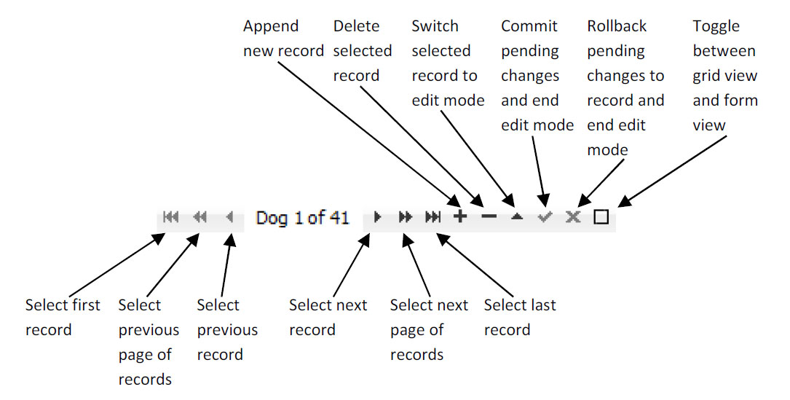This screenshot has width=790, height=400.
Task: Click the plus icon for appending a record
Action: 460,217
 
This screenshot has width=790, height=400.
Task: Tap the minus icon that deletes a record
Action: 489,217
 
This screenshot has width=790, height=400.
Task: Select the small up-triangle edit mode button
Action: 516,217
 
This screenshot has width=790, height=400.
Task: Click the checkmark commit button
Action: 545,217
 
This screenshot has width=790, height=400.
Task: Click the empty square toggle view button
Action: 601,217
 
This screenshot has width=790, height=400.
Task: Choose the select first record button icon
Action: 171,217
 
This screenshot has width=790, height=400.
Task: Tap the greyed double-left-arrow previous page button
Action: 200,217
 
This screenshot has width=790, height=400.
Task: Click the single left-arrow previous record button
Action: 229,217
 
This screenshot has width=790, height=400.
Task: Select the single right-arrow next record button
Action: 377,217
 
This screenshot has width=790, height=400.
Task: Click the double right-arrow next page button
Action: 405,217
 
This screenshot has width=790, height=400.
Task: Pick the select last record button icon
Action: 433,217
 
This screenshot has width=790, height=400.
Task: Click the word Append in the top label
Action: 271,27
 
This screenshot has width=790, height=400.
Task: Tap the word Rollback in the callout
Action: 617,26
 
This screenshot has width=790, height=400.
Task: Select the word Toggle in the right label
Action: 716,27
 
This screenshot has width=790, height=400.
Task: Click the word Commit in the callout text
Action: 529,26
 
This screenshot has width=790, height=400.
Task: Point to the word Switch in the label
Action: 435,26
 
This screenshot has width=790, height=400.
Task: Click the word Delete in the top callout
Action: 357,26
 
